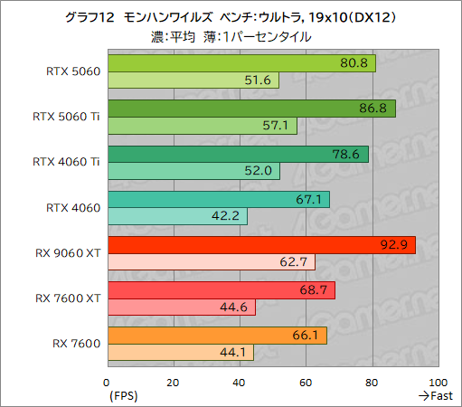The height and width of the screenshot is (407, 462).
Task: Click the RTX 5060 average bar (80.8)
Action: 240,63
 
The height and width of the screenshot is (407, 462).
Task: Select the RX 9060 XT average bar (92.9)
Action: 260,244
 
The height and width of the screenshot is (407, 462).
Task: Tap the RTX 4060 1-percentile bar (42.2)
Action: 176,216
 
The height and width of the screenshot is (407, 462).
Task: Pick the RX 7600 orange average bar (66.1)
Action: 216,336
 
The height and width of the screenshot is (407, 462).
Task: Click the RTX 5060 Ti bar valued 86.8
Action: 250,109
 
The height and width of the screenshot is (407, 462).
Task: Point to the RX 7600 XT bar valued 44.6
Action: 181,308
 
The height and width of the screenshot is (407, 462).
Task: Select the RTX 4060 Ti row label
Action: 66,163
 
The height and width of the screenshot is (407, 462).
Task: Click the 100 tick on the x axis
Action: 438,381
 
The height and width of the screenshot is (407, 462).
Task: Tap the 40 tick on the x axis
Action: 239,381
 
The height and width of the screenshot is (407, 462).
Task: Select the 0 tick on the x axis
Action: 107,381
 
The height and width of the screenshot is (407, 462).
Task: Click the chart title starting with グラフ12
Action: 231,18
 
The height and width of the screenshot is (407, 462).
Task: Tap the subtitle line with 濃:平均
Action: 231,37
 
